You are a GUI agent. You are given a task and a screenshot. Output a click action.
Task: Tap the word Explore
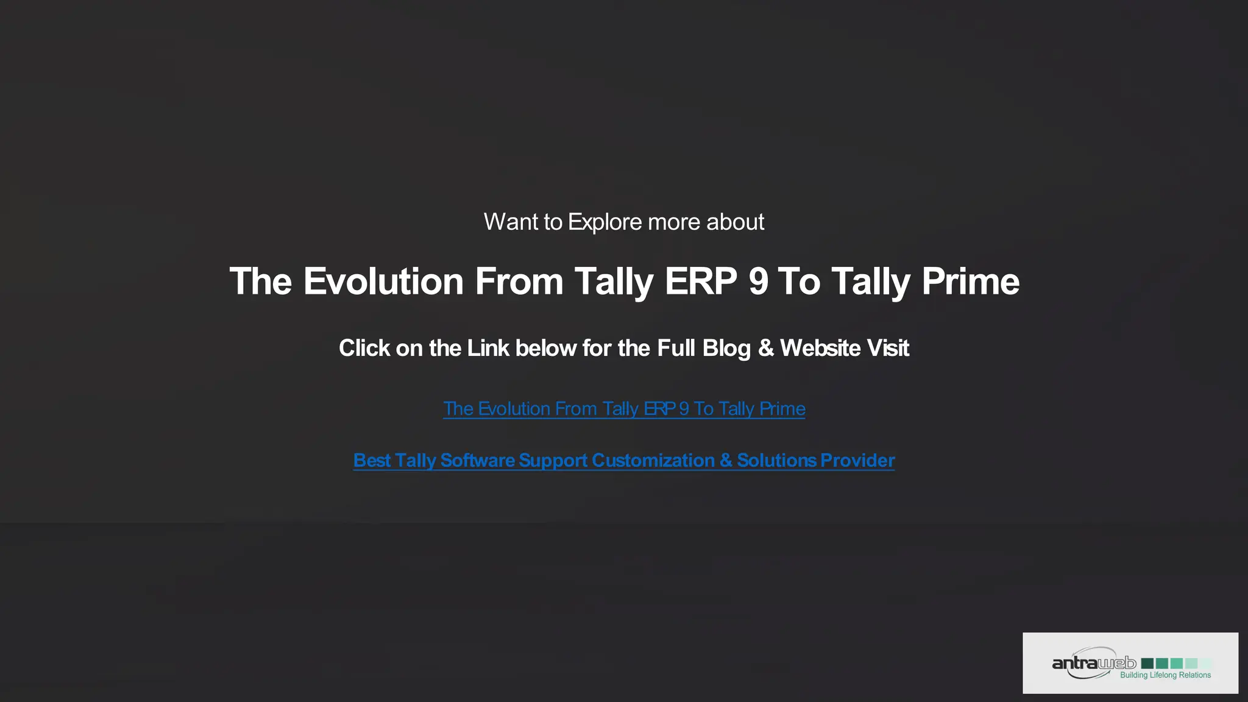coord(604,222)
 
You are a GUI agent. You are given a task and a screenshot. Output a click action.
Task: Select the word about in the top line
coord(735,222)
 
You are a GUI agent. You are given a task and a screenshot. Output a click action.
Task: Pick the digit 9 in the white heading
coord(759,282)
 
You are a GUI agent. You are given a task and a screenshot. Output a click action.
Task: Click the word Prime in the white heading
coord(970,282)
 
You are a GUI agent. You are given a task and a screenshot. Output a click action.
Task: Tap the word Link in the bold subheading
coord(488,349)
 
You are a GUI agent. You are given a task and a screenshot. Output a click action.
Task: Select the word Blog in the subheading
coord(726,349)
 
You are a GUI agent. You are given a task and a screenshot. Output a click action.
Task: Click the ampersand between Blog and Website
coord(766,349)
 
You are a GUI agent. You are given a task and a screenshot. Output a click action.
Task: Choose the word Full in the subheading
coord(676,349)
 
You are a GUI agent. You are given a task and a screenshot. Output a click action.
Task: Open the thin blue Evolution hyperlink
coord(624,409)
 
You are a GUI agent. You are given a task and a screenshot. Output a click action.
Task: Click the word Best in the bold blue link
coord(372,461)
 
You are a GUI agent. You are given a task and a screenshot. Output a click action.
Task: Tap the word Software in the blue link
coord(478,461)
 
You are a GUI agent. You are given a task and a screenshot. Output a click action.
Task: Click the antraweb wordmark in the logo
coord(1093,663)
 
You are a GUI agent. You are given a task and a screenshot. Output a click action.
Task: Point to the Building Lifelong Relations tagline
coord(1165,675)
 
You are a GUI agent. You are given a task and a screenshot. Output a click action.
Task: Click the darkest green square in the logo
coord(1147,663)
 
